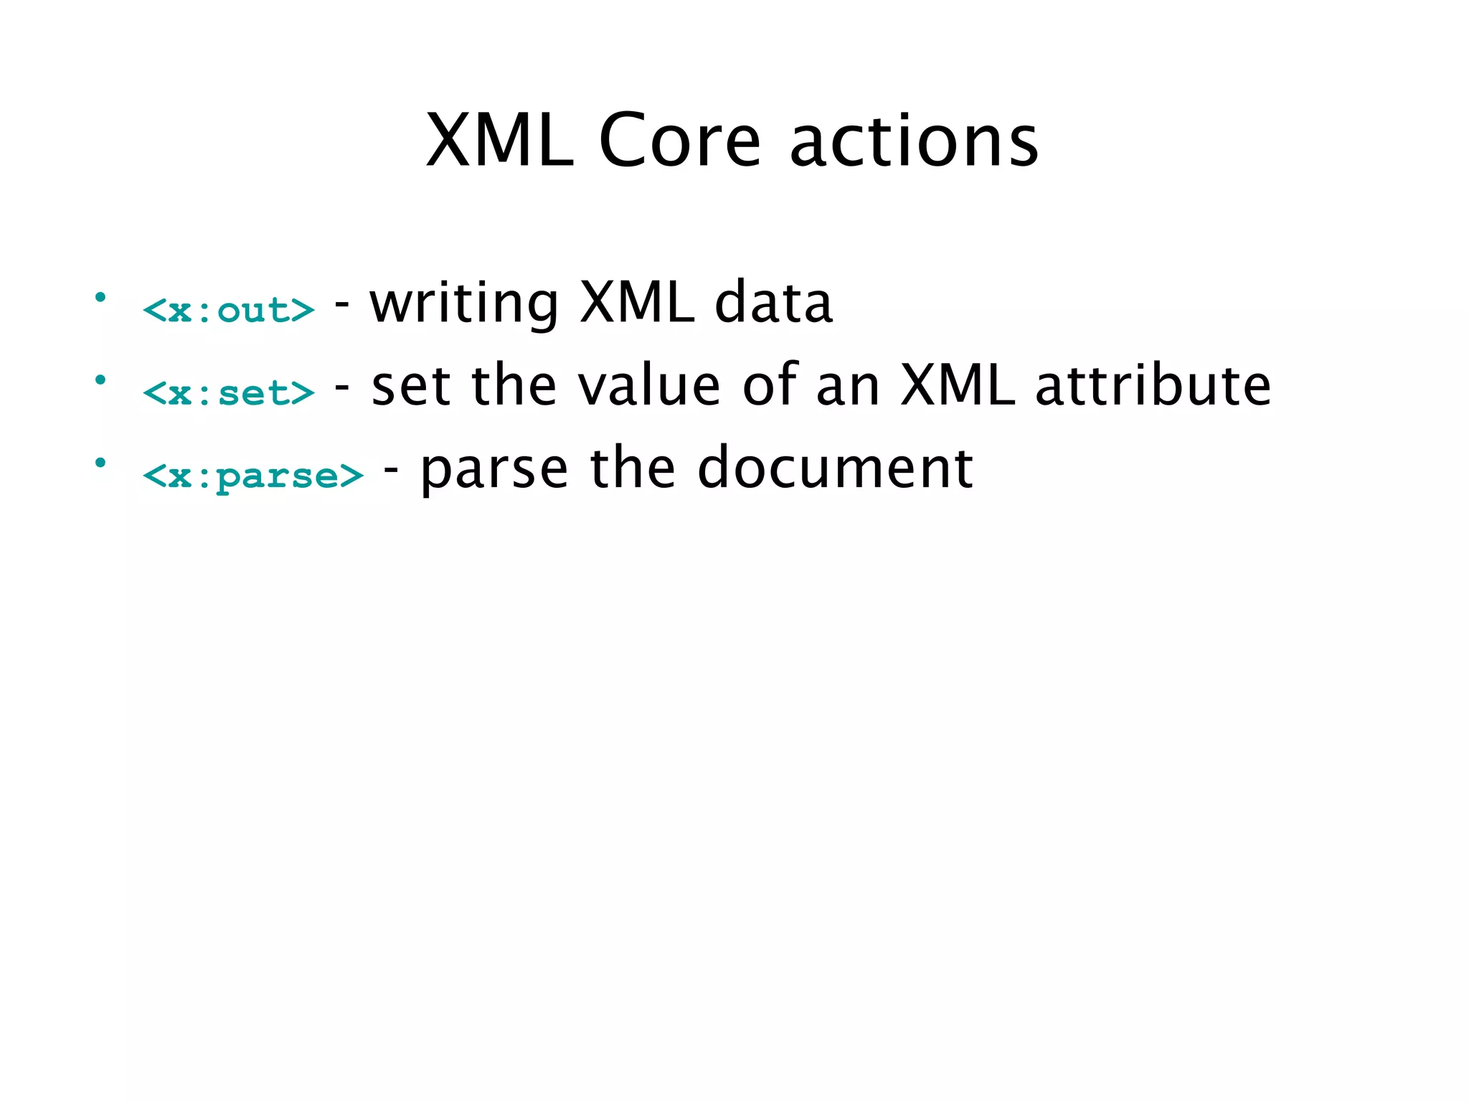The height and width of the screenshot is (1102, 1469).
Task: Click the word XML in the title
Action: [x=499, y=141]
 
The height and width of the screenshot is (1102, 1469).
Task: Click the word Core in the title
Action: [x=679, y=141]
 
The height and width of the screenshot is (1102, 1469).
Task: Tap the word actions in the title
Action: [x=914, y=141]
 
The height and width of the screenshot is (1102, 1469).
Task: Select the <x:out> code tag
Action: [x=228, y=310]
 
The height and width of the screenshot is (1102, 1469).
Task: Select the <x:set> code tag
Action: [x=228, y=393]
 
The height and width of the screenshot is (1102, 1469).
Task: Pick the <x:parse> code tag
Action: [x=252, y=476]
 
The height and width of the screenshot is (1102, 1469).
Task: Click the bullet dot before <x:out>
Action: [x=100, y=296]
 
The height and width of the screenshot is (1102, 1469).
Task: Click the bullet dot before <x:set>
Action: [x=100, y=379]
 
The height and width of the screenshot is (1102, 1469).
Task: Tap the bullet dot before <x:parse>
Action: [x=100, y=462]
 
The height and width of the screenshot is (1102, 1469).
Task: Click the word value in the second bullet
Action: [x=648, y=386]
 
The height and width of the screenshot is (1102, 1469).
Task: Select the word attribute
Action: [x=1153, y=386]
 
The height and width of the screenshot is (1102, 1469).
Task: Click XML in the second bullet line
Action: [x=958, y=386]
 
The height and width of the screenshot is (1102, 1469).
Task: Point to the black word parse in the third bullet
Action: [x=494, y=471]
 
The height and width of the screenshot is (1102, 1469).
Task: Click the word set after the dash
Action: [x=411, y=386]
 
